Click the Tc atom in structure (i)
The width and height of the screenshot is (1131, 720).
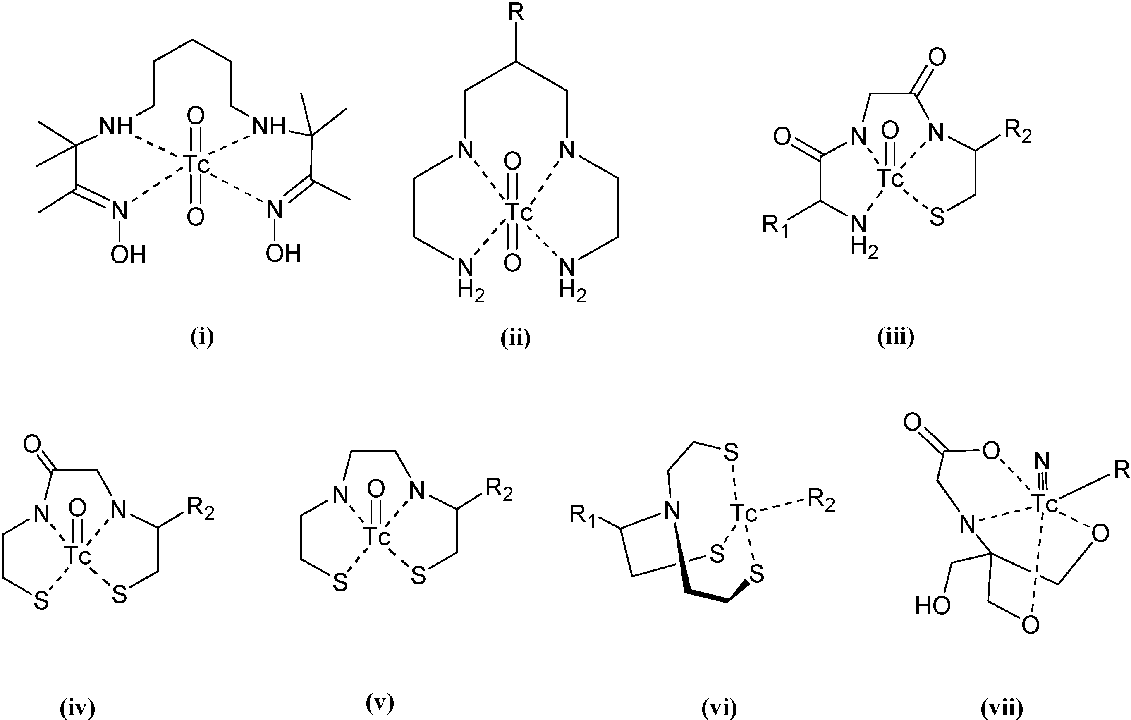click(195, 164)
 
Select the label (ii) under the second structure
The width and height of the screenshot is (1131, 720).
click(515, 338)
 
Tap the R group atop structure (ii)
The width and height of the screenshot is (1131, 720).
click(516, 14)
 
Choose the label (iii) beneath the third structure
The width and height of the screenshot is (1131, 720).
click(896, 338)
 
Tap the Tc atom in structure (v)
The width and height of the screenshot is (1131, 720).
click(376, 537)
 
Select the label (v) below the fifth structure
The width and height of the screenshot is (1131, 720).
click(380, 703)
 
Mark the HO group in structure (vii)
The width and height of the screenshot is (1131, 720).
click(933, 606)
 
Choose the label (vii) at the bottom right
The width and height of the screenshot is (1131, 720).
click(1002, 708)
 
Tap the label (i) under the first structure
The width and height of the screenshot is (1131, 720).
click(202, 338)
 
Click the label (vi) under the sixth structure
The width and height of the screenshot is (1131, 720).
click(719, 708)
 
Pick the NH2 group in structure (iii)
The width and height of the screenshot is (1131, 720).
click(863, 237)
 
